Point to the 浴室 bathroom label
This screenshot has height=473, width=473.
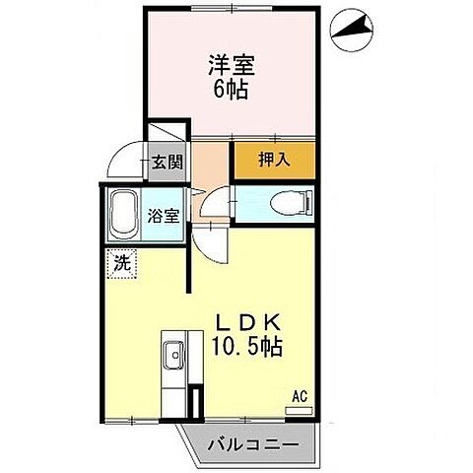coord(164,216)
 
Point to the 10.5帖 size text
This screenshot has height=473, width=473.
coord(247,347)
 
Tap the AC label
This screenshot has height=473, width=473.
coord(300,397)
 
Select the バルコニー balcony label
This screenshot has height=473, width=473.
coord(252,444)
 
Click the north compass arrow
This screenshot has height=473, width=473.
coord(352,33)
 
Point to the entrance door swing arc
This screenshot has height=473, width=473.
coord(126,155)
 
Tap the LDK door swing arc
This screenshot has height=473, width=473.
coord(210,237)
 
